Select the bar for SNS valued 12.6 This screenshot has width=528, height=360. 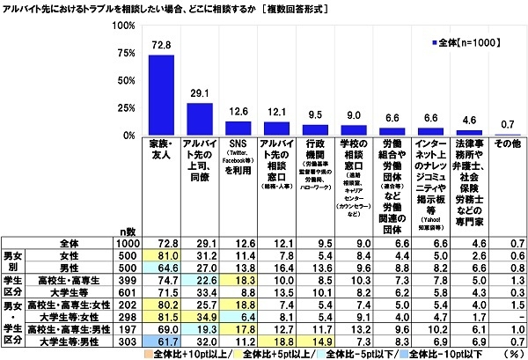[238, 129]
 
